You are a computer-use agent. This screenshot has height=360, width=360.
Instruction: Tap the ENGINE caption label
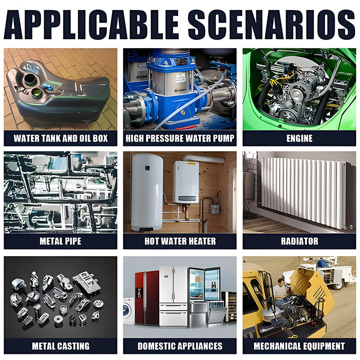tap(300, 138)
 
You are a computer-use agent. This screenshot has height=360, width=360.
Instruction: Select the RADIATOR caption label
tap(300, 241)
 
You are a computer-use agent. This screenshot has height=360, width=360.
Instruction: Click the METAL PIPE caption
tap(60, 241)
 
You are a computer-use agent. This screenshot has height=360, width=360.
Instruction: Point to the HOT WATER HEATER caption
tap(180, 241)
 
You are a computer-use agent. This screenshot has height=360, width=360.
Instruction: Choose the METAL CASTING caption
tap(60, 346)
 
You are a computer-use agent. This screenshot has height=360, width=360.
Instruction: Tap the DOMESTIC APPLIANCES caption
tap(180, 346)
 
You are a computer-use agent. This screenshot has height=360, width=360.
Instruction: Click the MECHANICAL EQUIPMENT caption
tap(300, 346)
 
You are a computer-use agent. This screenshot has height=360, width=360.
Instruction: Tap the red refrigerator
tap(147, 298)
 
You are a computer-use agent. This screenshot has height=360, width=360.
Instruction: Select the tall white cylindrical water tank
tap(147, 192)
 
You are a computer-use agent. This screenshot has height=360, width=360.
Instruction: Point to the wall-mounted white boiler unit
tap(185, 182)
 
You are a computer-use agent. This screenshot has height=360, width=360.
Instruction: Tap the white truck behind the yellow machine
tap(321, 273)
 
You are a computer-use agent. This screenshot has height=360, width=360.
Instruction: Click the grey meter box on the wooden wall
tap(215, 209)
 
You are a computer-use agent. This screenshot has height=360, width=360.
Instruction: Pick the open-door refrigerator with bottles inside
tap(204, 285)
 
